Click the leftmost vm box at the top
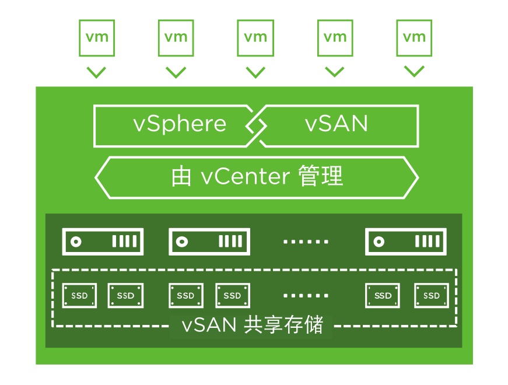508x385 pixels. click(96, 38)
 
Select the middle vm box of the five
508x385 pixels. click(255, 38)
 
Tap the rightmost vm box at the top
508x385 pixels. click(415, 38)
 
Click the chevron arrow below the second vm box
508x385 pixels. click(176, 72)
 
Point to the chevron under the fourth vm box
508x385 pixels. click(335, 72)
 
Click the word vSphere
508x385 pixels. click(180, 124)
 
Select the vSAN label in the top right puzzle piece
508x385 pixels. click(337, 124)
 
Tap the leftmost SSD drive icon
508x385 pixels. click(80, 296)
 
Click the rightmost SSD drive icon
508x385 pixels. click(432, 296)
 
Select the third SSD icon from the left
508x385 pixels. click(186, 296)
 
